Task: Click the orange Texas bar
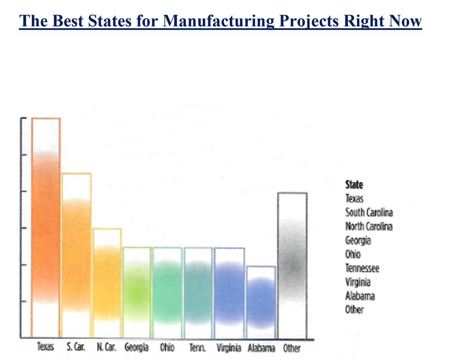[46, 227]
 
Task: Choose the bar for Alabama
[261, 302]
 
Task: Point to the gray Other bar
[292, 265]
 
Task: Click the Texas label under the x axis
[45, 348]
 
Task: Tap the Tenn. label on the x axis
[198, 348]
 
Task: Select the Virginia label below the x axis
[230, 348]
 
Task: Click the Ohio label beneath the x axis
[167, 348]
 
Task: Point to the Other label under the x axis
[292, 348]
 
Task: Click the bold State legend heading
[354, 185]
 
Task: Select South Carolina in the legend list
[369, 212]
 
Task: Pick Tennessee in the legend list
[362, 268]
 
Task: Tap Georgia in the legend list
[358, 240]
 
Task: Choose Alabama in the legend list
[360, 296]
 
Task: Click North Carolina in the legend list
[369, 226]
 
